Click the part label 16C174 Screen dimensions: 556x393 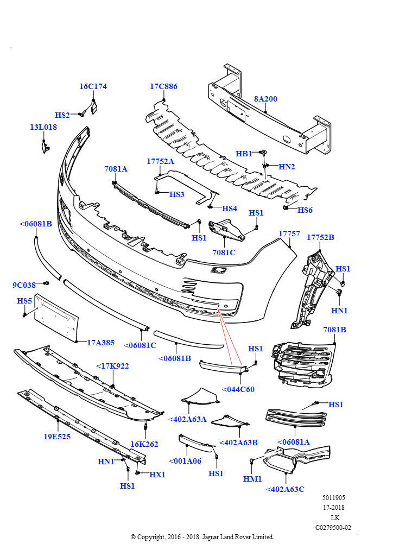tap(93, 86)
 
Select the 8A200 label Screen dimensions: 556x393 tap(265, 99)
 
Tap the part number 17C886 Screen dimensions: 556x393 tap(163, 86)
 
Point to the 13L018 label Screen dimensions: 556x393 tap(43, 127)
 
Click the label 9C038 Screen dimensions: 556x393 tap(24, 285)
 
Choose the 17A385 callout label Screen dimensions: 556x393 tap(100, 343)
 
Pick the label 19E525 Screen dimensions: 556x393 tap(57, 436)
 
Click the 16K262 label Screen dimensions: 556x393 tap(144, 444)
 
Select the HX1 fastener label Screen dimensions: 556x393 tap(157, 475)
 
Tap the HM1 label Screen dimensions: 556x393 tap(252, 479)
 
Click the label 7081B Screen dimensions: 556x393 tap(334, 330)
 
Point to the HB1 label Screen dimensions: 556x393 tap(244, 154)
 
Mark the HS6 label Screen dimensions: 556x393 tap(305, 210)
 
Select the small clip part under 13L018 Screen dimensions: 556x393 tap(45, 145)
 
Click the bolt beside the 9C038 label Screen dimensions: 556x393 tap(46, 283)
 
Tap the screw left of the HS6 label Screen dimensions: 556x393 tap(286, 207)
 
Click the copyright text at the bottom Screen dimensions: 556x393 tap(202, 537)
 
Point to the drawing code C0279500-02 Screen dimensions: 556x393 tap(333, 527)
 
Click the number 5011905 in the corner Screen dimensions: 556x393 tap(333, 498)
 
